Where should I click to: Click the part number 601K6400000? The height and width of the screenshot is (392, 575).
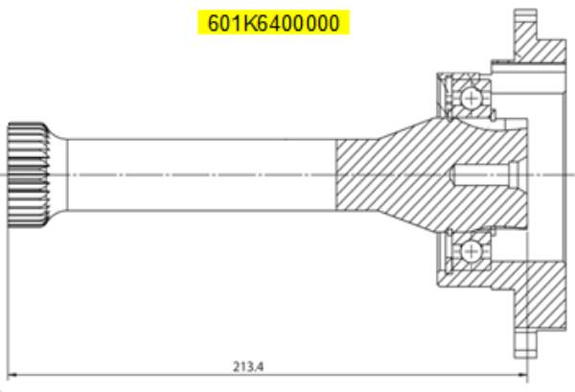click(x=272, y=22)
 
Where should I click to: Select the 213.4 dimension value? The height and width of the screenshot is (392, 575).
click(x=247, y=365)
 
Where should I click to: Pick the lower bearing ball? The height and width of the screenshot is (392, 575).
click(x=471, y=251)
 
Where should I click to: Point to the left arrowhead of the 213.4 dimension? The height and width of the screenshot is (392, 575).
click(x=13, y=375)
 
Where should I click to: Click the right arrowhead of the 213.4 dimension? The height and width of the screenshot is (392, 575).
click(x=523, y=375)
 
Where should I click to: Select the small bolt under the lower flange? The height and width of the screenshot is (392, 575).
click(x=524, y=340)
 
